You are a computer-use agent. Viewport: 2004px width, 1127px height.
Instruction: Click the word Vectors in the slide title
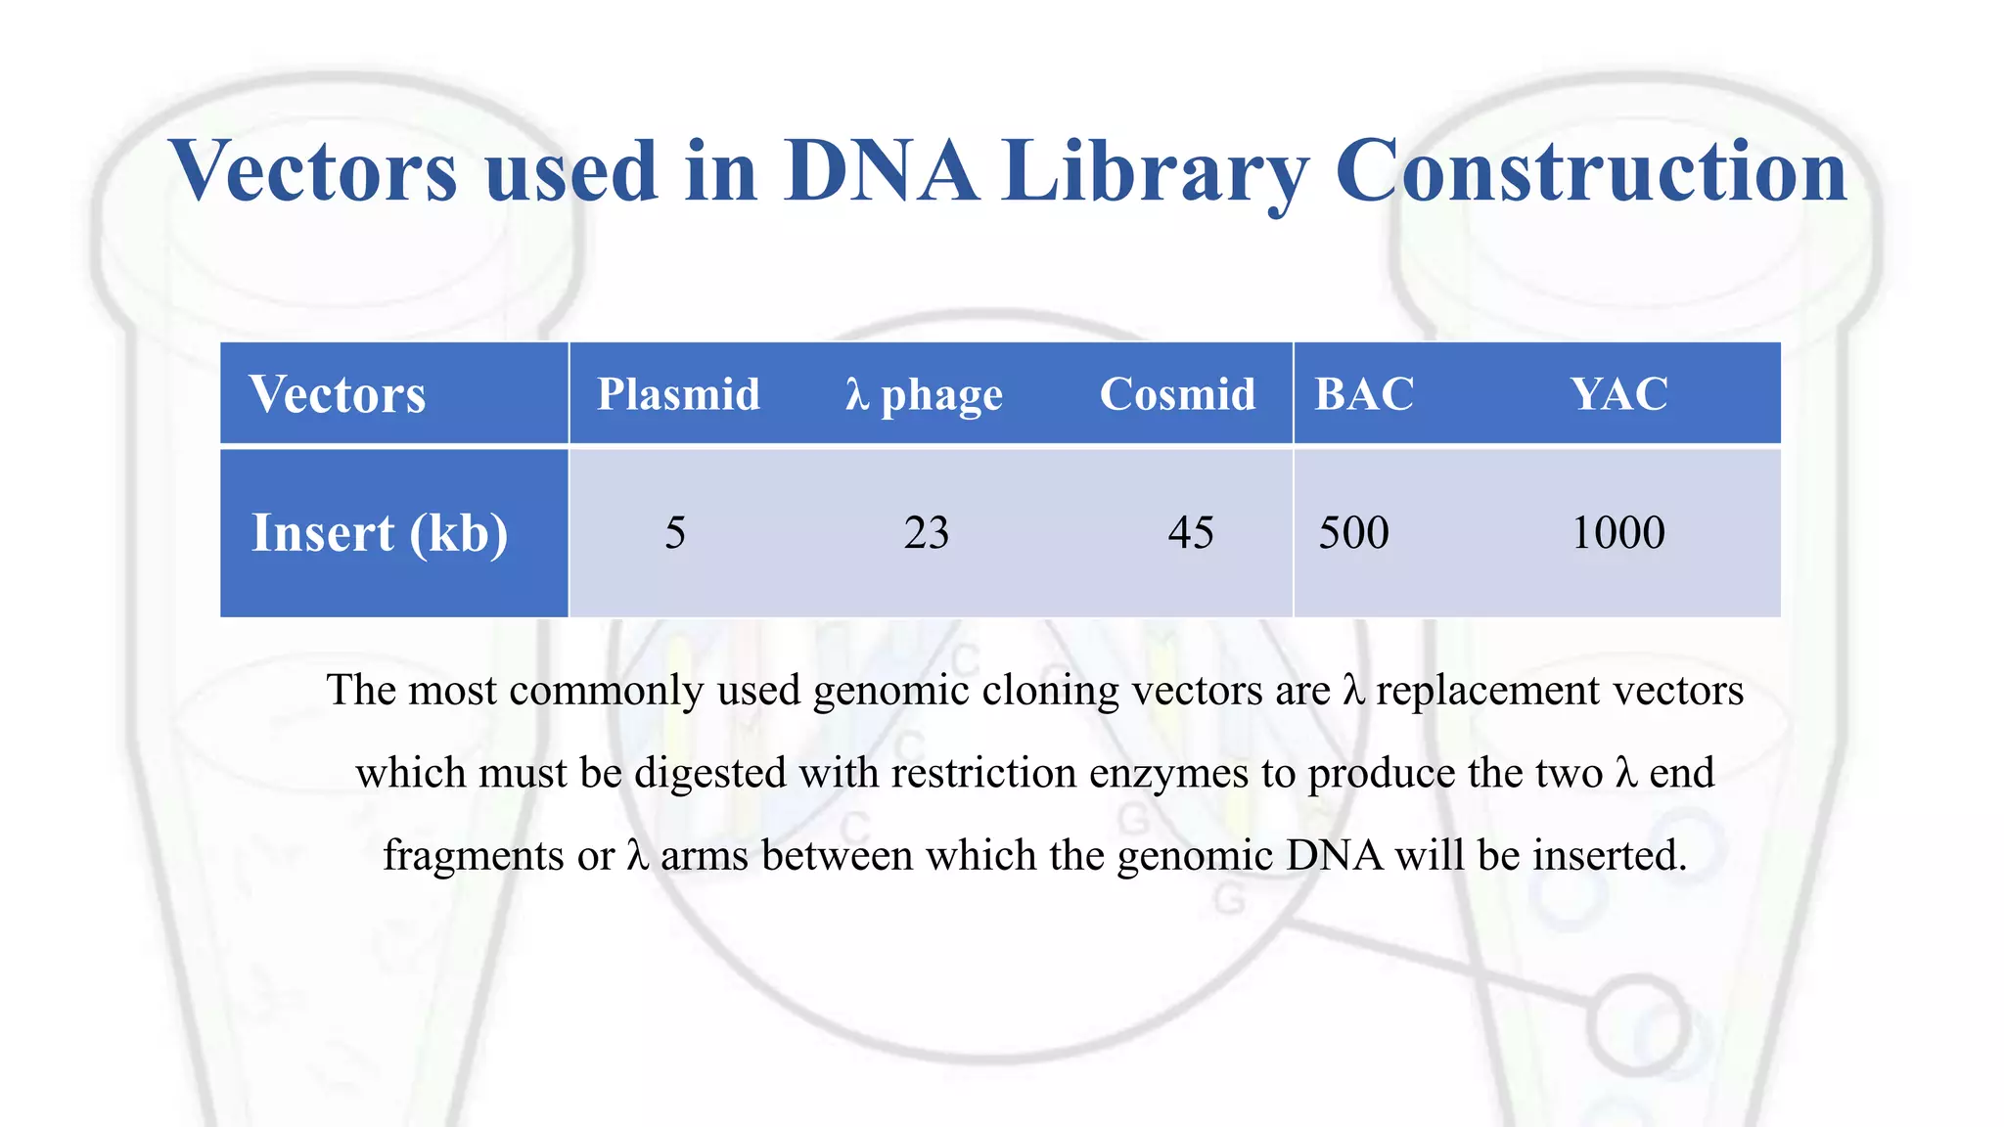tap(313, 170)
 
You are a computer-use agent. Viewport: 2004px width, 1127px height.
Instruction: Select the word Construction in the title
tap(1589, 170)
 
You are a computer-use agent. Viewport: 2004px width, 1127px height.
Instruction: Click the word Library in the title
tap(1155, 172)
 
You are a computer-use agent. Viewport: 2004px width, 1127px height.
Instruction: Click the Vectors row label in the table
tap(337, 394)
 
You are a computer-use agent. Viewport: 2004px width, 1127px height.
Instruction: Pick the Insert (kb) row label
tap(380, 533)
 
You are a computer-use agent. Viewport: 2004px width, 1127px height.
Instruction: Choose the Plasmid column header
tap(678, 394)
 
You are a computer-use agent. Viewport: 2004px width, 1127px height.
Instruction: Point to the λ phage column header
tap(924, 395)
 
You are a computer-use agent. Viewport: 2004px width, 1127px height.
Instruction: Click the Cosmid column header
tap(1177, 394)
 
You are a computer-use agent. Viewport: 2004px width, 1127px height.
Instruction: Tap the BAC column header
tap(1364, 394)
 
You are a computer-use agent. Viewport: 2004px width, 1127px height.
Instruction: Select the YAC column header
tap(1619, 394)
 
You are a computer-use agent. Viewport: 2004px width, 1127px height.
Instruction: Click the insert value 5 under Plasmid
tap(675, 533)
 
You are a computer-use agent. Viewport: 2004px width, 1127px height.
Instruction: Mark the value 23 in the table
tap(926, 533)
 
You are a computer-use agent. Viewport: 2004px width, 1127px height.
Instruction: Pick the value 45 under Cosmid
tap(1190, 533)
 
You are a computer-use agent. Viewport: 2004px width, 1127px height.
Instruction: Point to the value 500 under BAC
tap(1353, 533)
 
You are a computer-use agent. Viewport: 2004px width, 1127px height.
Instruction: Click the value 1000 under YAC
tap(1617, 533)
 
